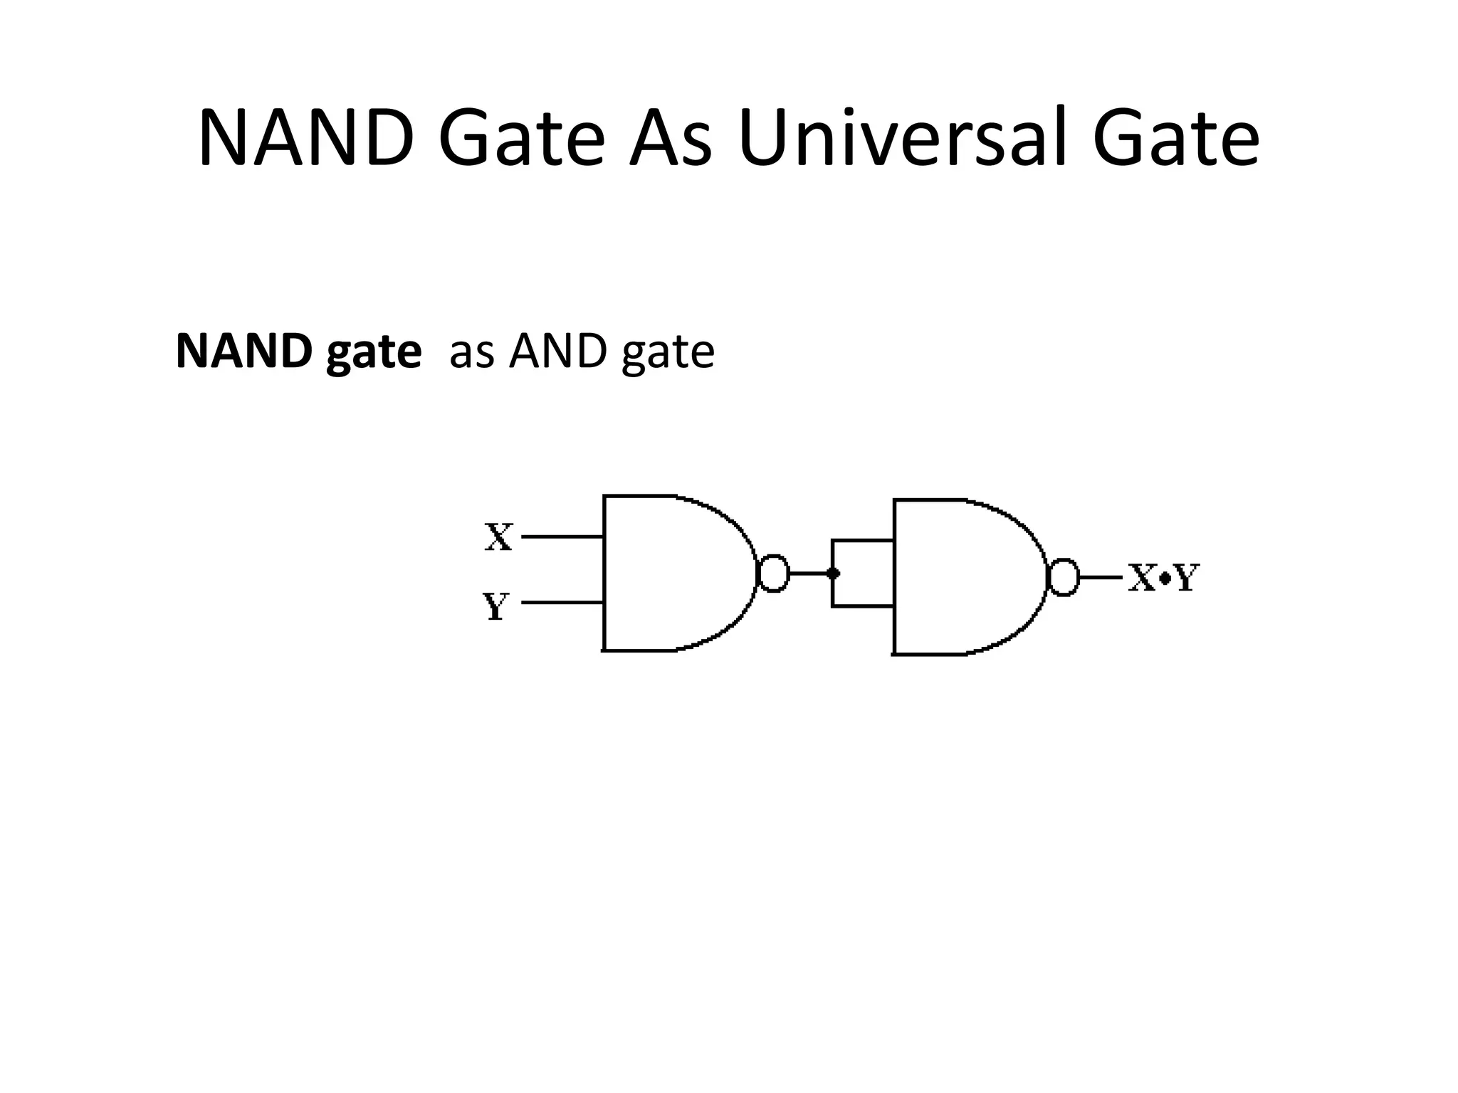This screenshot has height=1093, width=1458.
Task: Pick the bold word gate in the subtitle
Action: (x=373, y=353)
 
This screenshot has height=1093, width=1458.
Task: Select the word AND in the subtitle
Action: (x=560, y=352)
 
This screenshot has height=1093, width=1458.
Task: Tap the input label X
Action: (x=498, y=537)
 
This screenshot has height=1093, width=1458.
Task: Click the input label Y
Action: (x=495, y=606)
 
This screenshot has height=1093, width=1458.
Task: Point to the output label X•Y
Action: (x=1165, y=578)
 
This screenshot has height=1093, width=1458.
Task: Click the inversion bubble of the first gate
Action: (x=774, y=573)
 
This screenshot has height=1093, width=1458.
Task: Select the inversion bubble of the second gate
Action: (x=1064, y=577)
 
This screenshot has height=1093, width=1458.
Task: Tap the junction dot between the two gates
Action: (x=833, y=573)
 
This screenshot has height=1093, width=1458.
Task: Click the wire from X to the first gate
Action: (x=562, y=537)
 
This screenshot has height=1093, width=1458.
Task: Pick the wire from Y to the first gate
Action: (x=562, y=602)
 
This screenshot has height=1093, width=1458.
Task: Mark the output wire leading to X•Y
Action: (x=1101, y=577)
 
